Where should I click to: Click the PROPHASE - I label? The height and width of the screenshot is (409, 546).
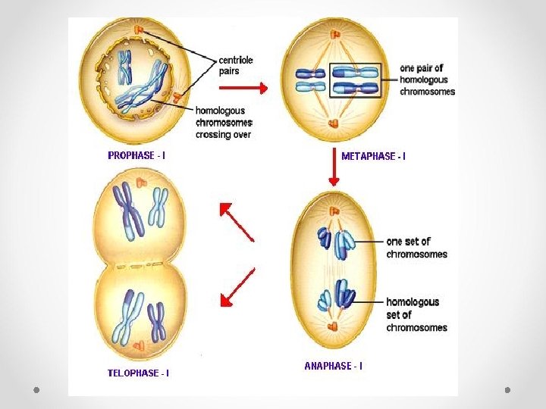pyautogui.click(x=136, y=155)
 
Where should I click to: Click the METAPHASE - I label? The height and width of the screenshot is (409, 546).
pyautogui.click(x=373, y=156)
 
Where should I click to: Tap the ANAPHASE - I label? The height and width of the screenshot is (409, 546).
pyautogui.click(x=333, y=366)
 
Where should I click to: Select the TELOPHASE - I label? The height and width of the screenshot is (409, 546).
pyautogui.click(x=138, y=373)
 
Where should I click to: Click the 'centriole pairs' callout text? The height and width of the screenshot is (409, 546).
pyautogui.click(x=235, y=64)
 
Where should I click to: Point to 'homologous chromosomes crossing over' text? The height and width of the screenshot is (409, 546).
pyautogui.click(x=224, y=122)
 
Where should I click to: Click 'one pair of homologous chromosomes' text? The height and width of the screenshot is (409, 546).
pyautogui.click(x=427, y=80)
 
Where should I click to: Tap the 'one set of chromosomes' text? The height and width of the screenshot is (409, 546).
pyautogui.click(x=416, y=248)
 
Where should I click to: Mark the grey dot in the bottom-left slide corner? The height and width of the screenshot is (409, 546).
pyautogui.click(x=36, y=389)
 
